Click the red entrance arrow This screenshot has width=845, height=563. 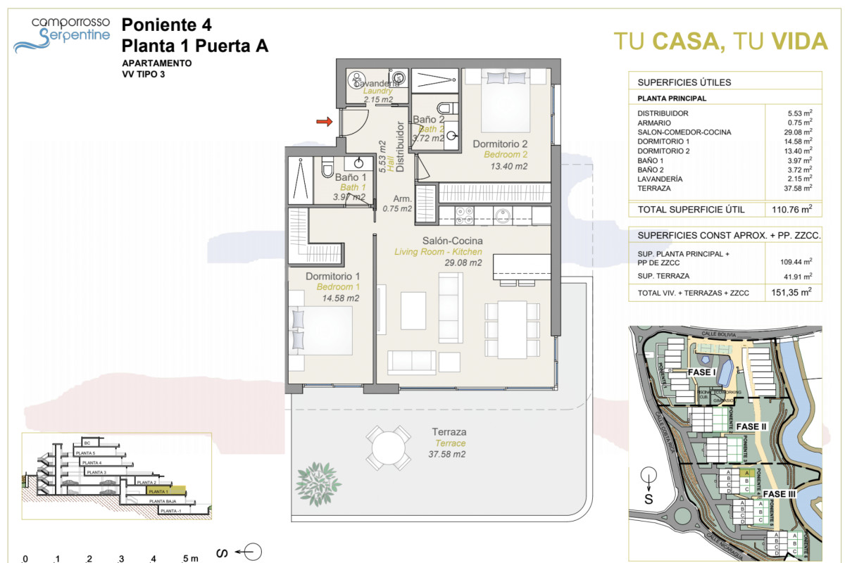[x=324, y=122]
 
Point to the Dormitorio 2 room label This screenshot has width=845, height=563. [x=500, y=144]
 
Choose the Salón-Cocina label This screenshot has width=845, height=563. [x=438, y=241]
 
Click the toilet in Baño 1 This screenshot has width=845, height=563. [x=327, y=168]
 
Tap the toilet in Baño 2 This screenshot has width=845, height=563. [x=444, y=108]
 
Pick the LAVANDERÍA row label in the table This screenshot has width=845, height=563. [x=662, y=179]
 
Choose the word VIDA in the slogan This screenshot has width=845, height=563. [x=799, y=42]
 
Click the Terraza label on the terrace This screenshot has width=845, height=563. [x=449, y=432]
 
